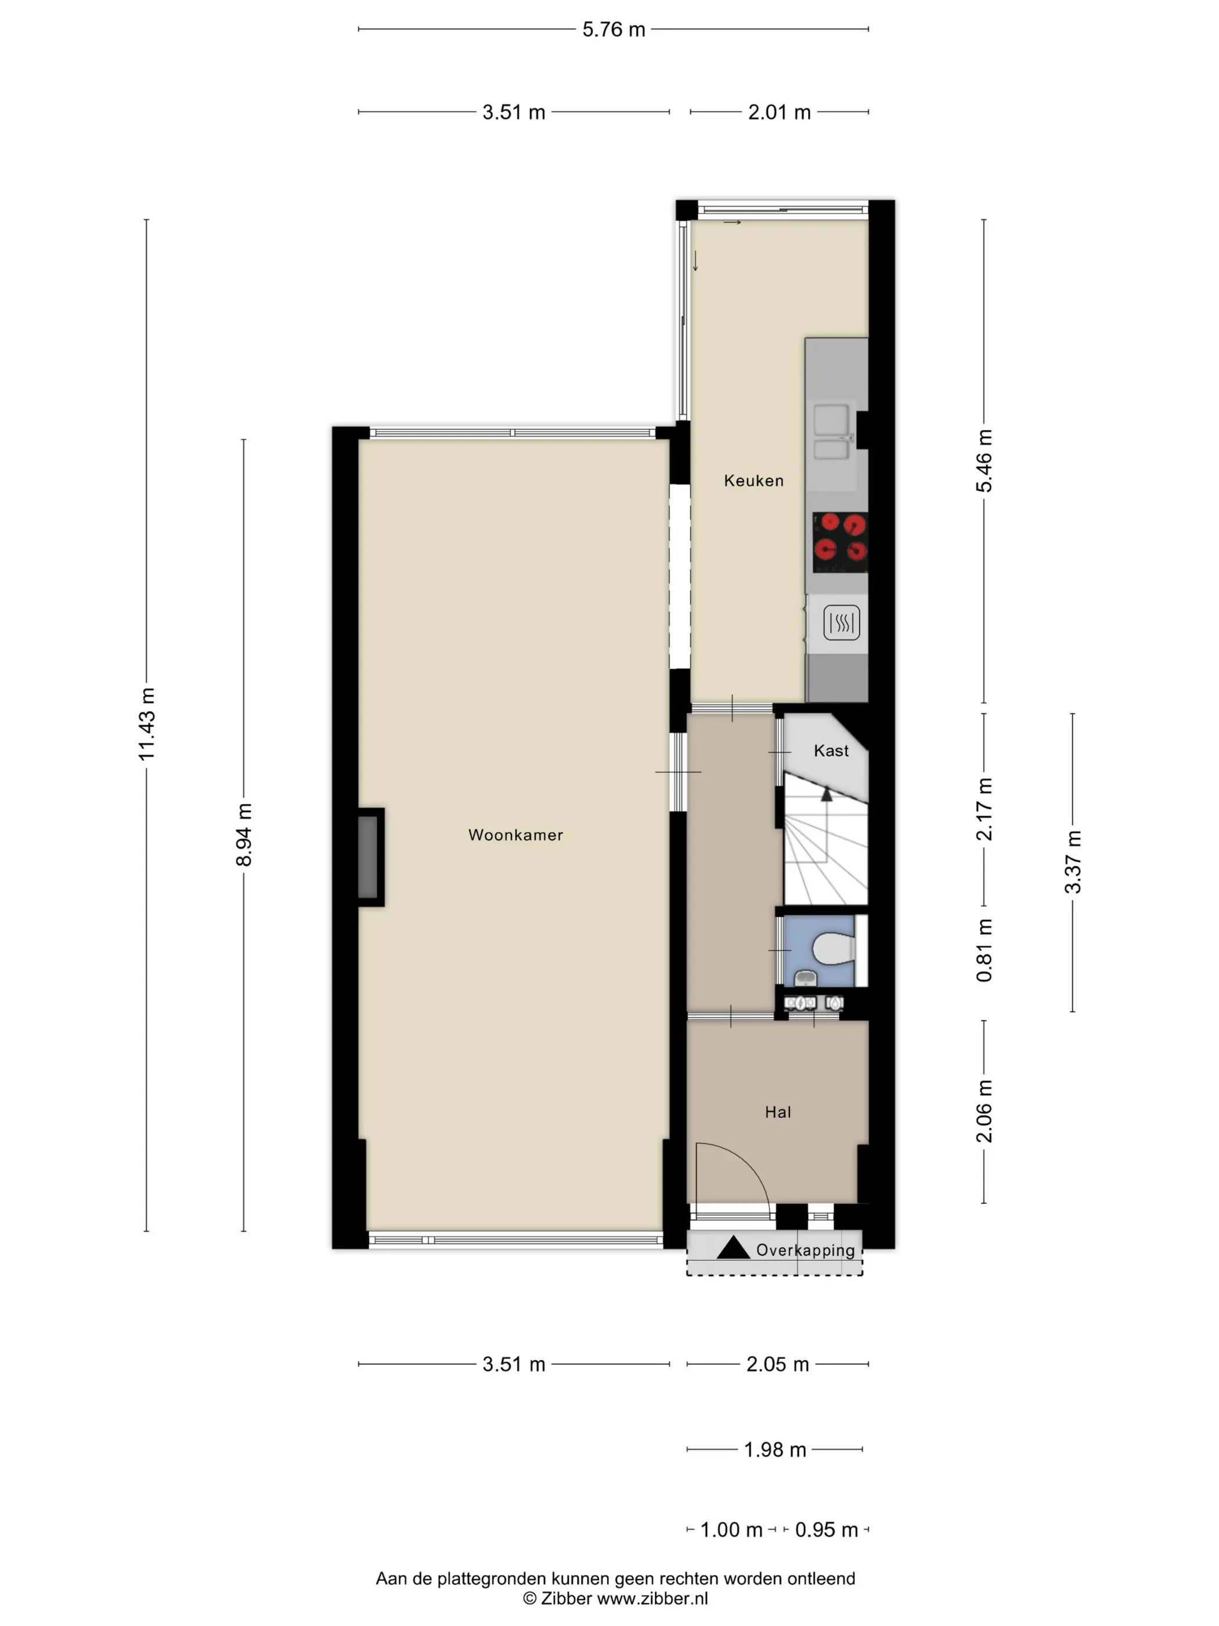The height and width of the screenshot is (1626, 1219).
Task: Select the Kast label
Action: tap(831, 750)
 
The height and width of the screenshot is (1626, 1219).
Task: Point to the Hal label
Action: tap(777, 1112)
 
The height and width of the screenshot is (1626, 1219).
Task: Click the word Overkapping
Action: tap(805, 1250)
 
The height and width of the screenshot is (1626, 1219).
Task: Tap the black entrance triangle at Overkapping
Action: tap(733, 1247)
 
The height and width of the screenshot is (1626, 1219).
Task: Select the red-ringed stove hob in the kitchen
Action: tap(840, 542)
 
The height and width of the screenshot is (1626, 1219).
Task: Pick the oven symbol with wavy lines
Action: tap(841, 623)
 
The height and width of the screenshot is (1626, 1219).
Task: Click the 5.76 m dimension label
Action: tap(614, 30)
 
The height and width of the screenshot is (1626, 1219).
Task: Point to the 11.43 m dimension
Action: tap(147, 724)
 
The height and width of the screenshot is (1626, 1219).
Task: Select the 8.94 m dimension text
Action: tap(244, 835)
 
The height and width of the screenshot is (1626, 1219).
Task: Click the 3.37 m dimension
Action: tap(1073, 862)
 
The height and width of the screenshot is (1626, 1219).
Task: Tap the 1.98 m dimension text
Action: tap(775, 1449)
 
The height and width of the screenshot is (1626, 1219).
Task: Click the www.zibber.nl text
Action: tap(652, 1598)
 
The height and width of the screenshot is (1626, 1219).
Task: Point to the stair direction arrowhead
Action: tap(827, 794)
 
